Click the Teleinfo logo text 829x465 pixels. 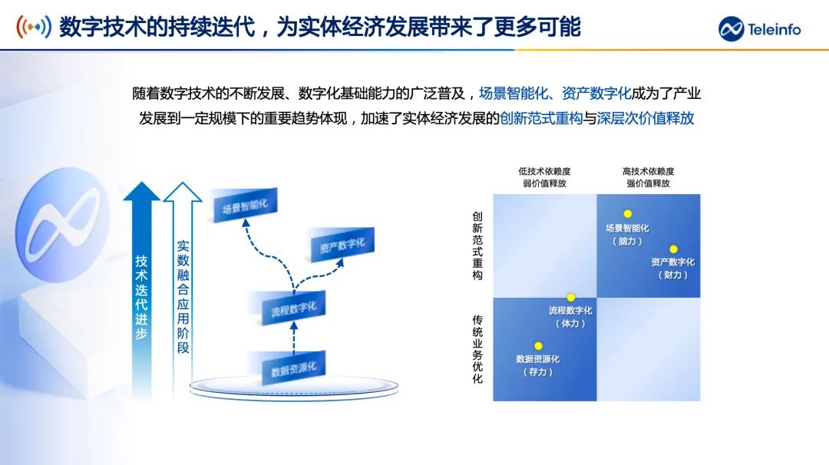(774, 29)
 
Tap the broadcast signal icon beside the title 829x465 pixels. (34, 26)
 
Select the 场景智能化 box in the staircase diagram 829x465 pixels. (245, 205)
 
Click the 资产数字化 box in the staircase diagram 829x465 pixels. (342, 245)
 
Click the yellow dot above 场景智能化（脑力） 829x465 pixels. (628, 214)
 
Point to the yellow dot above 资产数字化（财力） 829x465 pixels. (673, 249)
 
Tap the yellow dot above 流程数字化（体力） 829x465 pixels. (570, 298)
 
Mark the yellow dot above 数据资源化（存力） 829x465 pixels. (538, 346)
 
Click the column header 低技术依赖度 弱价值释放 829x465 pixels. (544, 177)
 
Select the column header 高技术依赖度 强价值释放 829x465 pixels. (648, 177)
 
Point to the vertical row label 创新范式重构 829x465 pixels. (477, 246)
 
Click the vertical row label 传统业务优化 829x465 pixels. (477, 349)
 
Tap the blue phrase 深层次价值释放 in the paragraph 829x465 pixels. (645, 118)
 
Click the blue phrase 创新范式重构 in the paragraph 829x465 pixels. (541, 118)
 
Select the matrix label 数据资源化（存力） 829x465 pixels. (537, 365)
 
